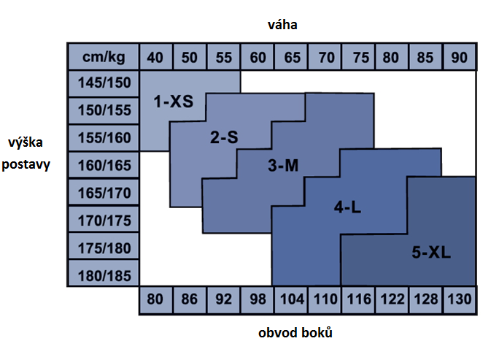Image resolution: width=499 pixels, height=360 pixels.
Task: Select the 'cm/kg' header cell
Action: (x=102, y=56)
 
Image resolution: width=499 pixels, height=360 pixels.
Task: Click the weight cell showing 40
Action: (x=155, y=56)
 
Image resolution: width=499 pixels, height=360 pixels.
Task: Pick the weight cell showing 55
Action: (x=223, y=56)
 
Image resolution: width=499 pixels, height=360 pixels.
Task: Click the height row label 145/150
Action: (x=102, y=83)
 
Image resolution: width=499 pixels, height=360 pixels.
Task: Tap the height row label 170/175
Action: (x=102, y=219)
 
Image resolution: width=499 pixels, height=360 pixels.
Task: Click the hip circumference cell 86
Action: (x=190, y=299)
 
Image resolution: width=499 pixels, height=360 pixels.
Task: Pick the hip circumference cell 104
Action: (x=290, y=299)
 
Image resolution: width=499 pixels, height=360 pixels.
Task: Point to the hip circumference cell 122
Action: (x=391, y=299)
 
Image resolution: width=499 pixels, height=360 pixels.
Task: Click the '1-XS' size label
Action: (x=173, y=102)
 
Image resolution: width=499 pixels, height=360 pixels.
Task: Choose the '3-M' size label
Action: (x=283, y=166)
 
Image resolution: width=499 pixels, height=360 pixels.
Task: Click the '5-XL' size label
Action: (x=431, y=253)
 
